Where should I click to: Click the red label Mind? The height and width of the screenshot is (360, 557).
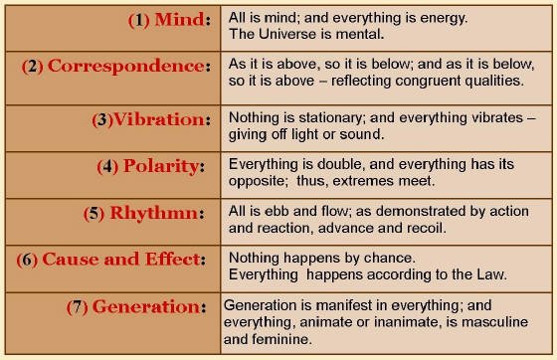[177, 20]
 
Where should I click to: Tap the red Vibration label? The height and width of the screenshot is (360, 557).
[161, 119]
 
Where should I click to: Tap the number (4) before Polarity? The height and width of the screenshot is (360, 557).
[108, 166]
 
